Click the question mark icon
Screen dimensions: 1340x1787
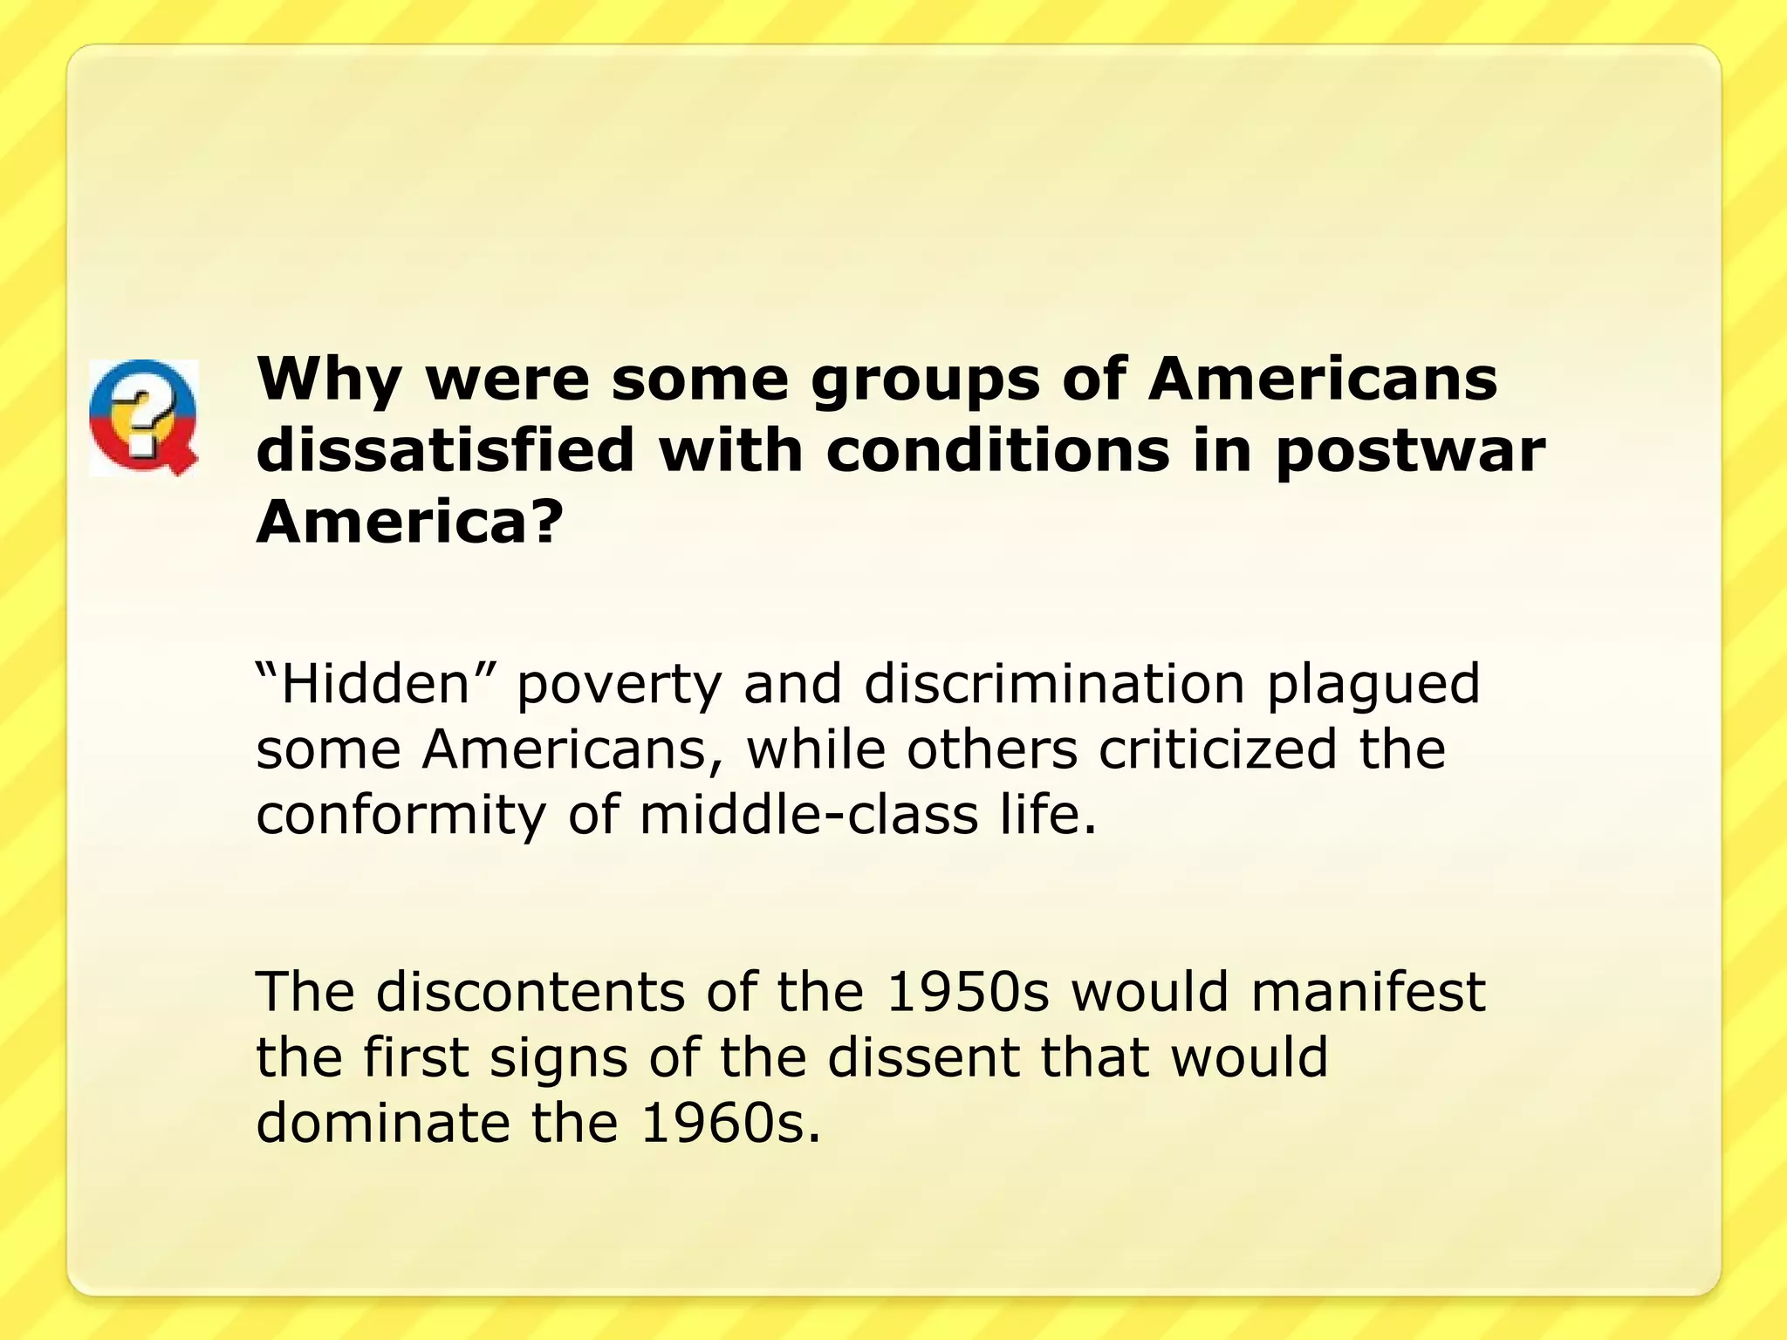click(x=143, y=417)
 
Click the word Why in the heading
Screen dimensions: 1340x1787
click(x=328, y=380)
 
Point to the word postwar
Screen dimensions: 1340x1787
click(x=1410, y=453)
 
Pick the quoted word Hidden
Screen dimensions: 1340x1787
click(x=376, y=683)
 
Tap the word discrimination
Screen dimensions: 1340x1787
click(x=1054, y=683)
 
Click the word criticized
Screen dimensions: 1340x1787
click(x=1217, y=749)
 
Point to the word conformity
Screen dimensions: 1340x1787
click(x=401, y=817)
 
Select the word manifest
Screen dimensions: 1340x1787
click(x=1367, y=992)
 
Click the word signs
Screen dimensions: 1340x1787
click(x=558, y=1059)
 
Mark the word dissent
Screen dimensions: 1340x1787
click(x=923, y=1057)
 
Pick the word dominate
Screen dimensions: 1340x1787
click(x=382, y=1123)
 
